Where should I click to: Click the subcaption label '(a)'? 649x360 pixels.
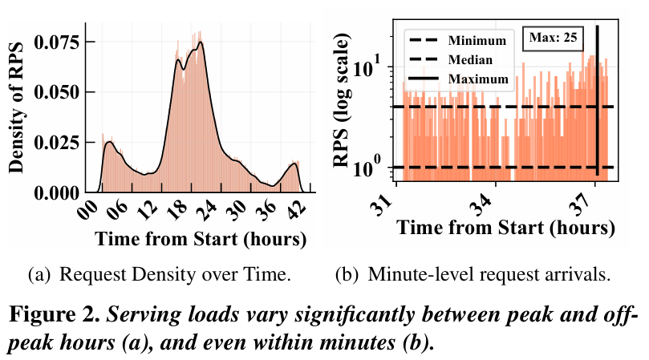[37, 277]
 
